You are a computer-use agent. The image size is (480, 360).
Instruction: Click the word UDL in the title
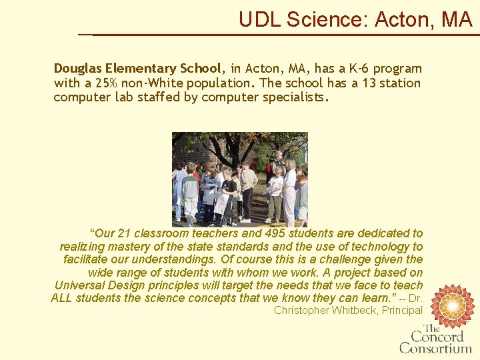[x=260, y=20]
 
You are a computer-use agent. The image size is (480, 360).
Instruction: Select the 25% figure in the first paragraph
[x=107, y=83]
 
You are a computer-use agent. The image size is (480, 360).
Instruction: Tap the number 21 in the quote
[x=125, y=233]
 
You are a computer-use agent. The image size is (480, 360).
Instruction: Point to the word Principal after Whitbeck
[x=402, y=311]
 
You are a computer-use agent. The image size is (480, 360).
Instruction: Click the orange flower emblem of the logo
[x=453, y=305]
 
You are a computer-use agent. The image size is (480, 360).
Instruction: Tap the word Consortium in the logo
[x=435, y=347]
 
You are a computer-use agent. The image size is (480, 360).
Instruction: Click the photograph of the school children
[x=240, y=178]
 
